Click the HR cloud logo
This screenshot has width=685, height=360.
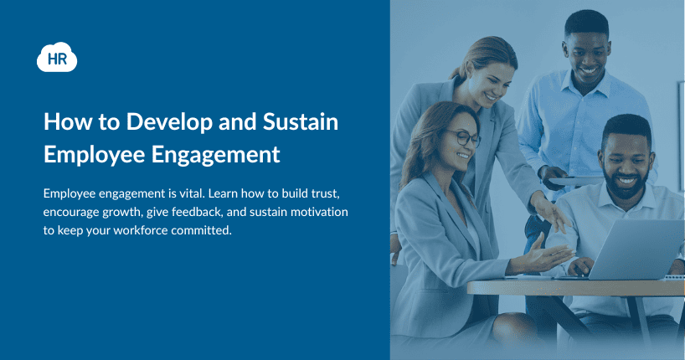[57, 57]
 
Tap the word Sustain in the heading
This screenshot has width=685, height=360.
[301, 121]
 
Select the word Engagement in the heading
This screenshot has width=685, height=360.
[216, 155]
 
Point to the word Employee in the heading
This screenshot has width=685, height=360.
[95, 155]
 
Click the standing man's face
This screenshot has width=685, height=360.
[588, 57]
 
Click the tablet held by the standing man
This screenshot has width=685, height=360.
[575, 181]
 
